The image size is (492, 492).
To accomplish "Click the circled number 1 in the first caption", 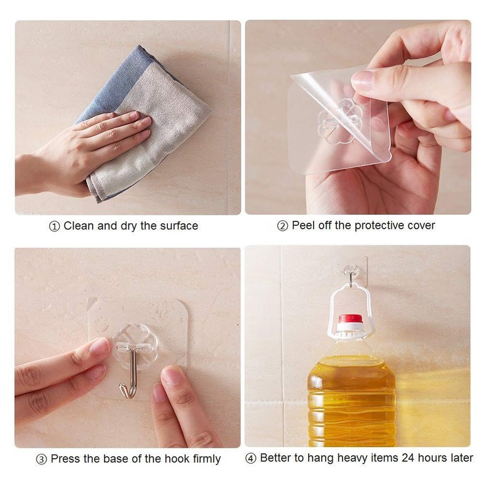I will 54,226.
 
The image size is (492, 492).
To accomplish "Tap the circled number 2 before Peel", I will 283,226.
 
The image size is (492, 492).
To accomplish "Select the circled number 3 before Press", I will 42,459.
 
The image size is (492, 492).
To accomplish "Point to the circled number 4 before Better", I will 251,458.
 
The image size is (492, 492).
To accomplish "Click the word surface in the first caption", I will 178,226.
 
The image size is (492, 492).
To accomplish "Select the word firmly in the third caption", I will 204,459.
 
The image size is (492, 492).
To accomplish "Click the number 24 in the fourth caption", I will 408,458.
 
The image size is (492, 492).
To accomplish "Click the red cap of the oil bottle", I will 350,319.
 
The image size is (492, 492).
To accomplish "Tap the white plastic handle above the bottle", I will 350,298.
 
